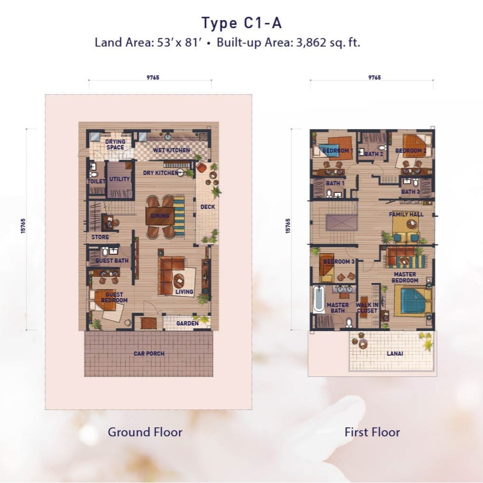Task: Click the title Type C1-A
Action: tap(241, 23)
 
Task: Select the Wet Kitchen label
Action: tap(172, 150)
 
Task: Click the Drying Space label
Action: tap(115, 144)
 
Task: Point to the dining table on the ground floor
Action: tap(160, 216)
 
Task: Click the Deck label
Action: tap(208, 207)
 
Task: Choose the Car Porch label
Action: tap(149, 354)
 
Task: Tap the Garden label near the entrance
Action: tap(187, 324)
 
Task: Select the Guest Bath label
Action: tap(112, 260)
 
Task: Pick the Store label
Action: tap(100, 237)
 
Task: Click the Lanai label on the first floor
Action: tap(395, 354)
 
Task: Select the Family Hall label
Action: tap(406, 215)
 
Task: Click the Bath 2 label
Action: tap(374, 154)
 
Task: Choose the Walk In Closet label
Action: tap(367, 308)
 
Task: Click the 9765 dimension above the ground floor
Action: tap(153, 78)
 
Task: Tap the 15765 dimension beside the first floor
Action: tap(288, 226)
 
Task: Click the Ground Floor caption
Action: tap(145, 432)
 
